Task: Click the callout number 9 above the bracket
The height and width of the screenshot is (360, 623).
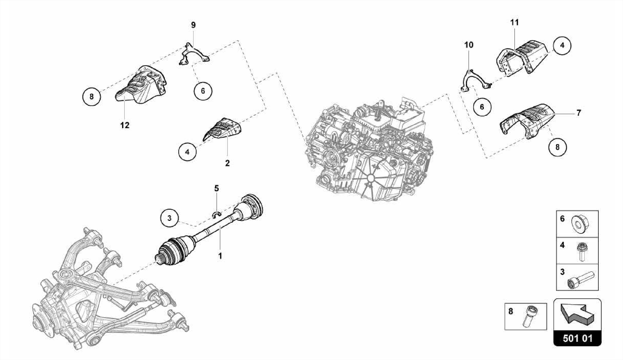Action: pos(193,25)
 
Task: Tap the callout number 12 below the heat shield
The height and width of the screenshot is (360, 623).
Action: pos(125,125)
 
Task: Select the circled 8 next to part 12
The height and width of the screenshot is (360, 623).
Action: pos(92,97)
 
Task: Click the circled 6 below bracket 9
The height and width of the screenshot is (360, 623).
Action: pos(203,91)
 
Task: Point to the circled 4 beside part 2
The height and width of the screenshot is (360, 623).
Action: pos(187,152)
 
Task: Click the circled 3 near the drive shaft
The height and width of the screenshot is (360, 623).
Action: pos(169,218)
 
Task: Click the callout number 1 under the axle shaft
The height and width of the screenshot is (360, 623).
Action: pos(220,256)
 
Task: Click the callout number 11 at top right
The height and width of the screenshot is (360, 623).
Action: pos(514,23)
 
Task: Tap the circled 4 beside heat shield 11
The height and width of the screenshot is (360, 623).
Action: pos(562,45)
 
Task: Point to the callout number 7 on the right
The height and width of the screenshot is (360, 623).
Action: pos(579,113)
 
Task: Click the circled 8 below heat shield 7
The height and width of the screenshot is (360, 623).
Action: pos(557,147)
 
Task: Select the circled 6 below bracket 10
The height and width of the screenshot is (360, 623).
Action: pos(482,107)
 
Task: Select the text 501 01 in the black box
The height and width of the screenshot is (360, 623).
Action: pos(577,338)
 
